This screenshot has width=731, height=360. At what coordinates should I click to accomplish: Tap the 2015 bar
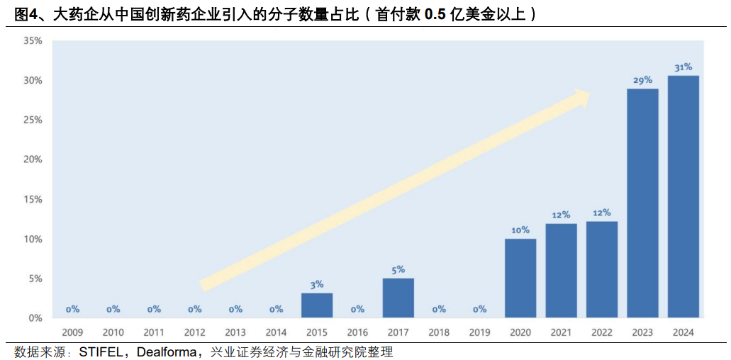point(317,305)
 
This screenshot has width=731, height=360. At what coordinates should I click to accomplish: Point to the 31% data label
point(683,67)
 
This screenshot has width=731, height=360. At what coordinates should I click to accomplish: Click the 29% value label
point(642,80)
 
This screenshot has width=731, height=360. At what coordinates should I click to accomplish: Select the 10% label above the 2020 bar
point(520,230)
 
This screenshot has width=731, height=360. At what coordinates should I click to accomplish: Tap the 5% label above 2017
point(398,269)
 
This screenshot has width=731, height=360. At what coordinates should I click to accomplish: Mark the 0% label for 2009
point(72,309)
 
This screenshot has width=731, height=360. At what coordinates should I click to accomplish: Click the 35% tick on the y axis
point(33,41)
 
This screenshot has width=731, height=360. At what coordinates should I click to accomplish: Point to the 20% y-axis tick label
point(33,159)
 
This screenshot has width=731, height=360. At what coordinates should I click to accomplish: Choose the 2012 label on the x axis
point(194,332)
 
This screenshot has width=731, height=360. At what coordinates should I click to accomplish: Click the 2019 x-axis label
point(479,332)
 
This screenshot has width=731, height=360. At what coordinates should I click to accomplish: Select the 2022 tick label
point(601,332)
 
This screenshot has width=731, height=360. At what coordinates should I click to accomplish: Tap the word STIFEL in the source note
point(102,351)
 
